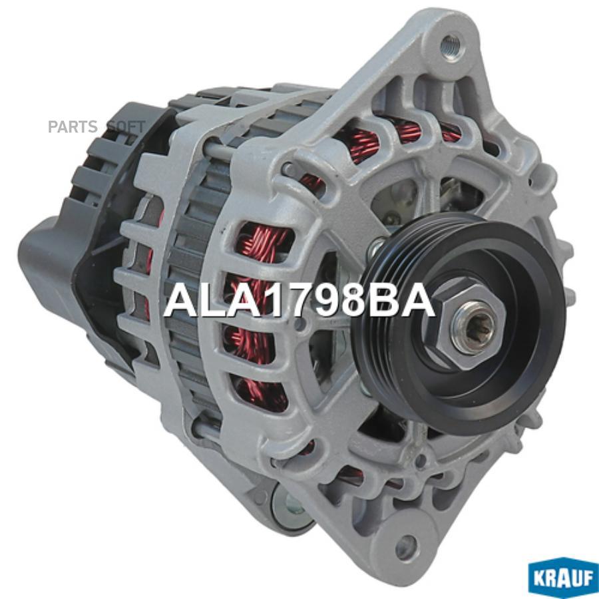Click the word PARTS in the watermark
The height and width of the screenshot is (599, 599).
(x=72, y=126)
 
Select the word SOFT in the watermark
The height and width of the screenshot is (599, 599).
(x=126, y=126)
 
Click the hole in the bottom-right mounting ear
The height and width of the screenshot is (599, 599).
(x=405, y=548)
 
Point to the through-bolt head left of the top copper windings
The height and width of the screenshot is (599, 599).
(x=288, y=168)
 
